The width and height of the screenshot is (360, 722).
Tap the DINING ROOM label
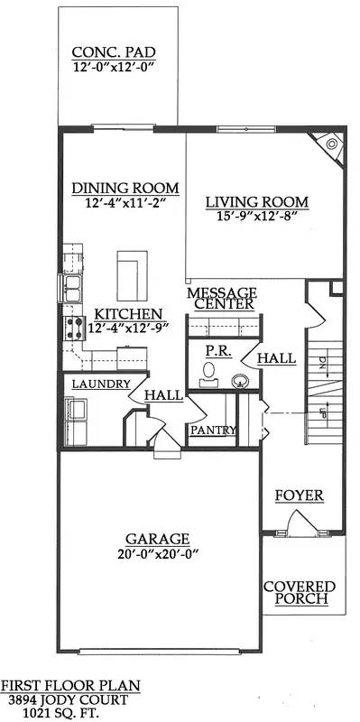pos(125,189)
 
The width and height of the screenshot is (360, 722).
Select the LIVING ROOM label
pos(256,201)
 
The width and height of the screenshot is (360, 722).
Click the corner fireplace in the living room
pos(329,144)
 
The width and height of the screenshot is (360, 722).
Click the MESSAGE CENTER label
pos(222,299)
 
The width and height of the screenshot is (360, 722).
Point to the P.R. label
pos(215,349)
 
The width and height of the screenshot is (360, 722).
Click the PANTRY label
pos(213,430)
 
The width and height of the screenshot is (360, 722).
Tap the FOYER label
pos(299,496)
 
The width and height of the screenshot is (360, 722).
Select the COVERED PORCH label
pos(299,593)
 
